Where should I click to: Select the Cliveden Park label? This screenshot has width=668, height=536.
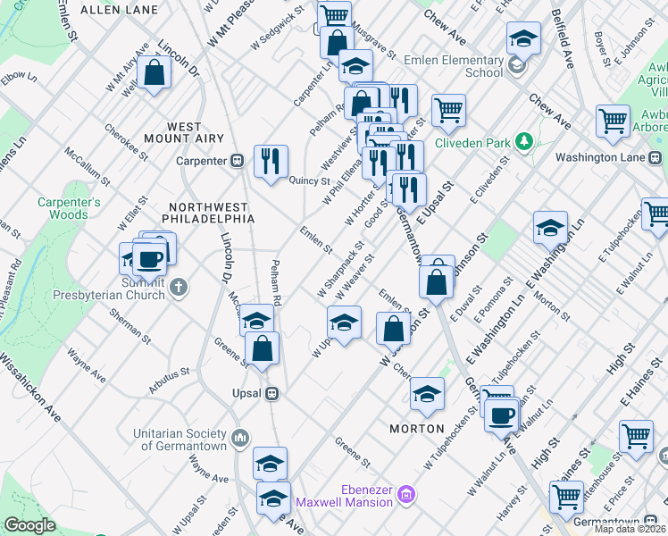472,141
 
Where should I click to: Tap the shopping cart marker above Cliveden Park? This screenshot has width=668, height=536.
448,111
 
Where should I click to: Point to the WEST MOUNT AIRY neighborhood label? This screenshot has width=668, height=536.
184,133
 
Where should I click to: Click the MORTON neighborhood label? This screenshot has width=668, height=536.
417,429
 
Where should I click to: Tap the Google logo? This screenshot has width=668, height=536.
29,525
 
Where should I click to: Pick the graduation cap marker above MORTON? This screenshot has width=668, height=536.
427,394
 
